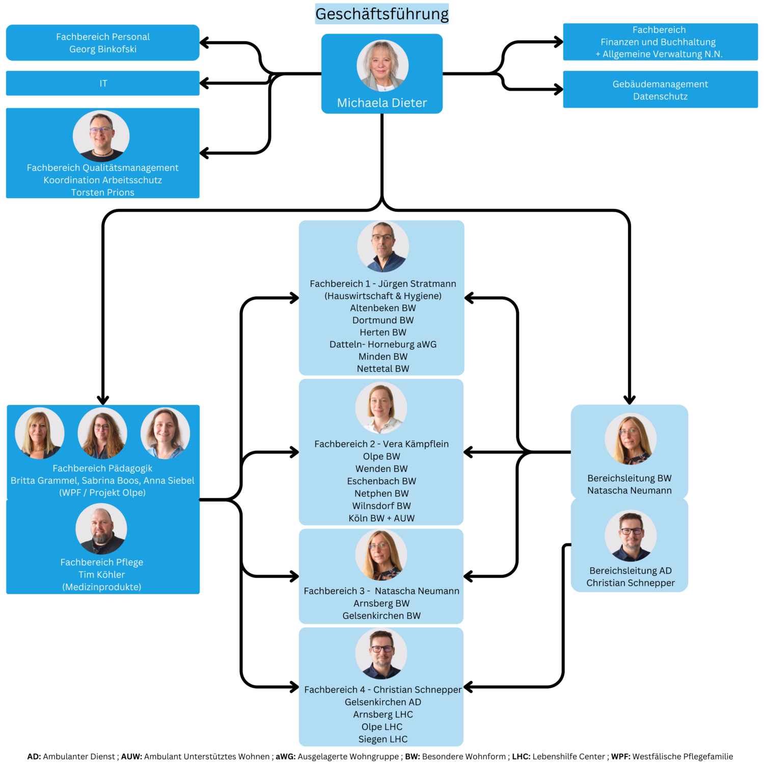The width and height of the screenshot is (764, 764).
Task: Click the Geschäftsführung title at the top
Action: tap(382, 14)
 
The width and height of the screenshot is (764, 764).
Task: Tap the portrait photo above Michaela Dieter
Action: tap(383, 66)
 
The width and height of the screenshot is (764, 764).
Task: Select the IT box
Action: tap(103, 83)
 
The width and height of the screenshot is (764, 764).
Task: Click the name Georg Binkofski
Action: tap(103, 49)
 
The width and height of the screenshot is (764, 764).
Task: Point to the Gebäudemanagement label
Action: tap(660, 84)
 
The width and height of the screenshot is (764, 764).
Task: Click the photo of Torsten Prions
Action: tap(101, 136)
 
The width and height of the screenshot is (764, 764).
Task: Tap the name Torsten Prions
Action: tap(103, 193)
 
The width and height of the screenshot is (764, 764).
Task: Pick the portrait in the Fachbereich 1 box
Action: tap(383, 247)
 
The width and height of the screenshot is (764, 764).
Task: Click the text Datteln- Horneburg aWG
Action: tap(383, 344)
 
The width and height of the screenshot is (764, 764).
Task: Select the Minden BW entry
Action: tap(383, 357)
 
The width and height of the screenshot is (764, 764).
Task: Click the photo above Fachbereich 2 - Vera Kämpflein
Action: tap(381, 408)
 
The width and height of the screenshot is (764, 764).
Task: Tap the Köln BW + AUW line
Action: tap(381, 518)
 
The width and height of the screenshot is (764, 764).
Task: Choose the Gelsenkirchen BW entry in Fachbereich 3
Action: tap(381, 616)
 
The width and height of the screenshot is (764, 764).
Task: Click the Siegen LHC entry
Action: tap(383, 739)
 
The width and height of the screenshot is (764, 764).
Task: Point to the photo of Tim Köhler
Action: tap(101, 529)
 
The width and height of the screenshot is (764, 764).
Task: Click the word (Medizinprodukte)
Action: tap(102, 587)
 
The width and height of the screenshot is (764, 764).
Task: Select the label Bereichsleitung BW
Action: tap(630, 478)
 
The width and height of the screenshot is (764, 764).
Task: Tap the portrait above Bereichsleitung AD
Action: tap(631, 536)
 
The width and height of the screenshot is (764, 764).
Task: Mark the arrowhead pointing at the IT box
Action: tap(204, 83)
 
